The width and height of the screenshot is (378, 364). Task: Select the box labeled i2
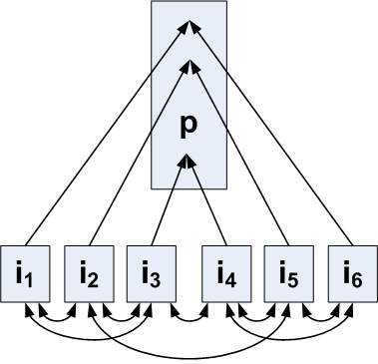(x=88, y=272)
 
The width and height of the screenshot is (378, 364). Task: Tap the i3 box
(x=151, y=272)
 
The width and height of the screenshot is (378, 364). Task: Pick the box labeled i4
(x=225, y=272)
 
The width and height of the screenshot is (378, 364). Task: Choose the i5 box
(x=287, y=272)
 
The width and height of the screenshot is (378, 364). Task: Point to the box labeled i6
(x=350, y=272)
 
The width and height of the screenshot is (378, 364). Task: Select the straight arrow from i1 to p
(x=105, y=140)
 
